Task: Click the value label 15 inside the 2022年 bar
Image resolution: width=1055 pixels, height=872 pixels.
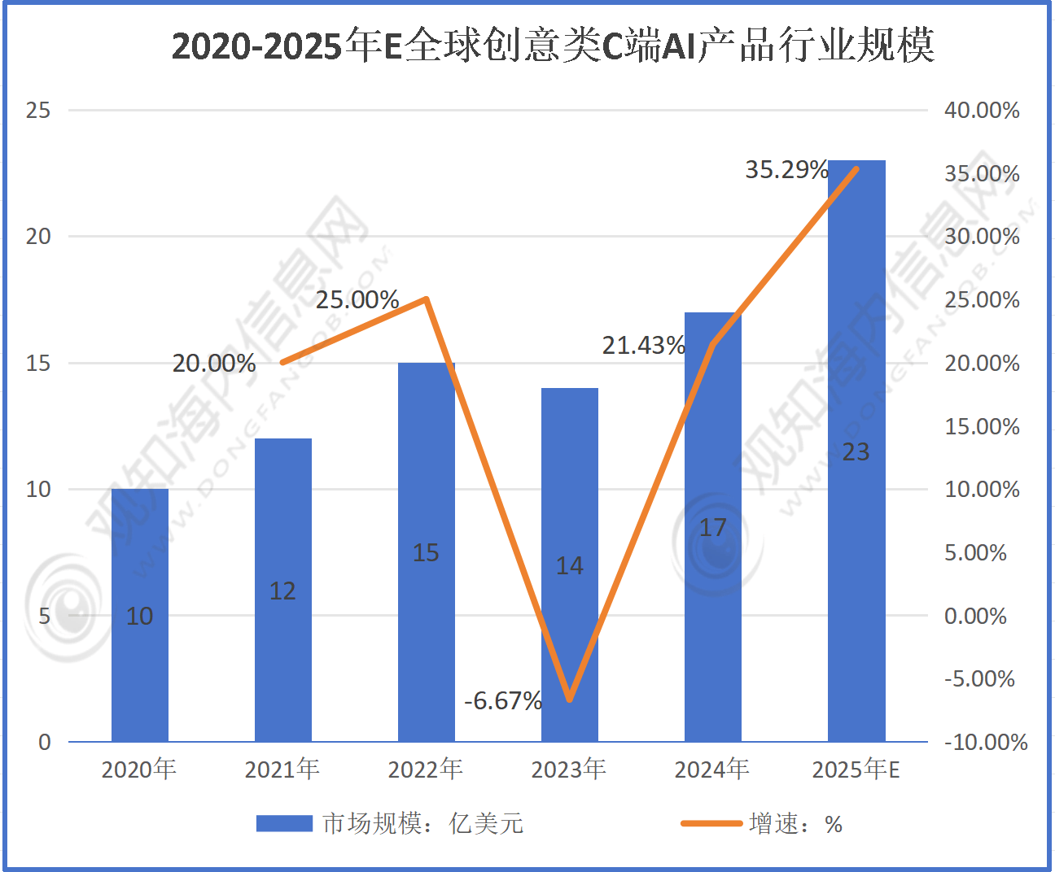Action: coord(426,553)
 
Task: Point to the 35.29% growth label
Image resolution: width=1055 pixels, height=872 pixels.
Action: coord(786,170)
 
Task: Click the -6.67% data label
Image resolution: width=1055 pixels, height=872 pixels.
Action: coord(502,700)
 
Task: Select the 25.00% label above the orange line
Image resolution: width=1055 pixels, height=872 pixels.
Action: coord(357,300)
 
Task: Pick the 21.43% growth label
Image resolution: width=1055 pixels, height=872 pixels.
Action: coord(643,346)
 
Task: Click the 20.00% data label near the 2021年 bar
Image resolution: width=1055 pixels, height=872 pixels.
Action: coord(214,364)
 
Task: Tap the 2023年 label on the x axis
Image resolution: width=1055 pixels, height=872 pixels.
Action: coord(569,769)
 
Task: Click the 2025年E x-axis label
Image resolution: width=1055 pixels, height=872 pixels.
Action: coord(856,769)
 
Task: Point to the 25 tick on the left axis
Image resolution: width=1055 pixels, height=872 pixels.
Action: coord(38,111)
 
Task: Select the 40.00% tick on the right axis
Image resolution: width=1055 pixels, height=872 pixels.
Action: coord(982,111)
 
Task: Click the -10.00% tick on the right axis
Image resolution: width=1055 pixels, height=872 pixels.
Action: coord(985,742)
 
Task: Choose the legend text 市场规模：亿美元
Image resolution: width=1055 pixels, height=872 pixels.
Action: coord(422,824)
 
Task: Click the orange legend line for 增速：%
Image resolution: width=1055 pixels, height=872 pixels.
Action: coord(711,824)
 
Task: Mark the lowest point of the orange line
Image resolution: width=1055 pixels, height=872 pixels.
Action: coord(570,699)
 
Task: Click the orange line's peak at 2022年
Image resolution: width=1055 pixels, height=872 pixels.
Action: coord(426,299)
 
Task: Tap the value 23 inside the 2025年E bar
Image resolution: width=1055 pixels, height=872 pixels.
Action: coord(856,452)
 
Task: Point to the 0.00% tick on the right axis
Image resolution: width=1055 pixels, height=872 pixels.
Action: coord(975,616)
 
